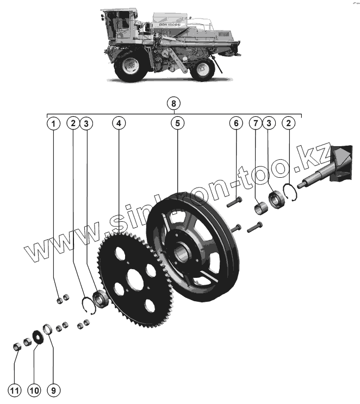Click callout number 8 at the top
173,103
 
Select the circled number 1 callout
53,123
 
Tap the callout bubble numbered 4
119,123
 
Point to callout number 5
177,123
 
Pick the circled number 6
236,123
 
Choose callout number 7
256,123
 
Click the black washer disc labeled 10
38,335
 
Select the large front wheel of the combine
131,65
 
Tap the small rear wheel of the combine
203,69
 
